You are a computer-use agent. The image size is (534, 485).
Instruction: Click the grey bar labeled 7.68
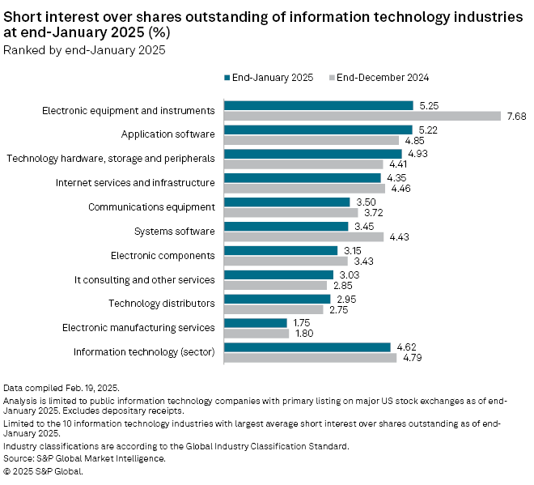(362, 116)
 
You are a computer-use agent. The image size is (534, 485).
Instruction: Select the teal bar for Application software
(318, 130)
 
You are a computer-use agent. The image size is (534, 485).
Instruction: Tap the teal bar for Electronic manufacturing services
(256, 323)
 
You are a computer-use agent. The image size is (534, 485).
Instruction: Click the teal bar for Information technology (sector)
(307, 347)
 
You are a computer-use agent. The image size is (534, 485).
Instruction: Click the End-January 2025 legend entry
(265, 78)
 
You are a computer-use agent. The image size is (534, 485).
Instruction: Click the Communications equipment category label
(151, 207)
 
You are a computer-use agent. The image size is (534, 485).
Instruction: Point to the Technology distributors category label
(162, 304)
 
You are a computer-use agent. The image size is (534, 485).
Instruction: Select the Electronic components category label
(163, 256)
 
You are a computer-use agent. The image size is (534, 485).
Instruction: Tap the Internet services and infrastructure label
(135, 183)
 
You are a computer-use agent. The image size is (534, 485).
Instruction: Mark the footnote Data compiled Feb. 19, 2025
(61, 389)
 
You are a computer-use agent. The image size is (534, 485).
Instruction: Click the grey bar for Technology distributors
(273, 309)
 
